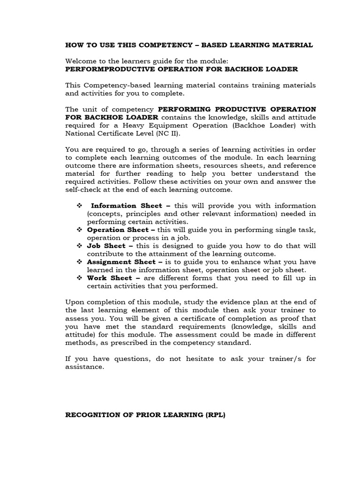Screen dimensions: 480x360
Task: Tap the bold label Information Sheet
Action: tap(120, 205)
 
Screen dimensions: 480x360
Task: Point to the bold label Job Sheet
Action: tap(106, 246)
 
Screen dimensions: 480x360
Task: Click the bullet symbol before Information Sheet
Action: tap(79, 205)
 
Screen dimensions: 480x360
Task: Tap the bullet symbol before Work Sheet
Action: tap(79, 278)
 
